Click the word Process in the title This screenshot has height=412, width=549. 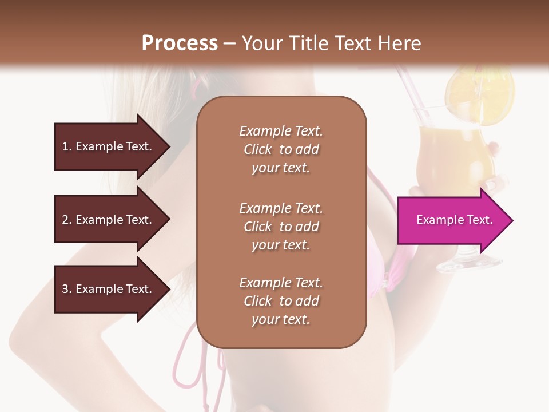click(x=180, y=43)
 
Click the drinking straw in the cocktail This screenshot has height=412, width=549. click(x=407, y=92)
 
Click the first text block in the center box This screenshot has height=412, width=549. click(x=281, y=149)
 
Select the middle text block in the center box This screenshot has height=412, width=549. click(x=281, y=226)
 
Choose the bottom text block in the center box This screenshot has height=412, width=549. click(x=281, y=301)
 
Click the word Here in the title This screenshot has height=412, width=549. click(x=400, y=43)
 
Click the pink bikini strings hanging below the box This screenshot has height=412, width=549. click(x=194, y=372)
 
